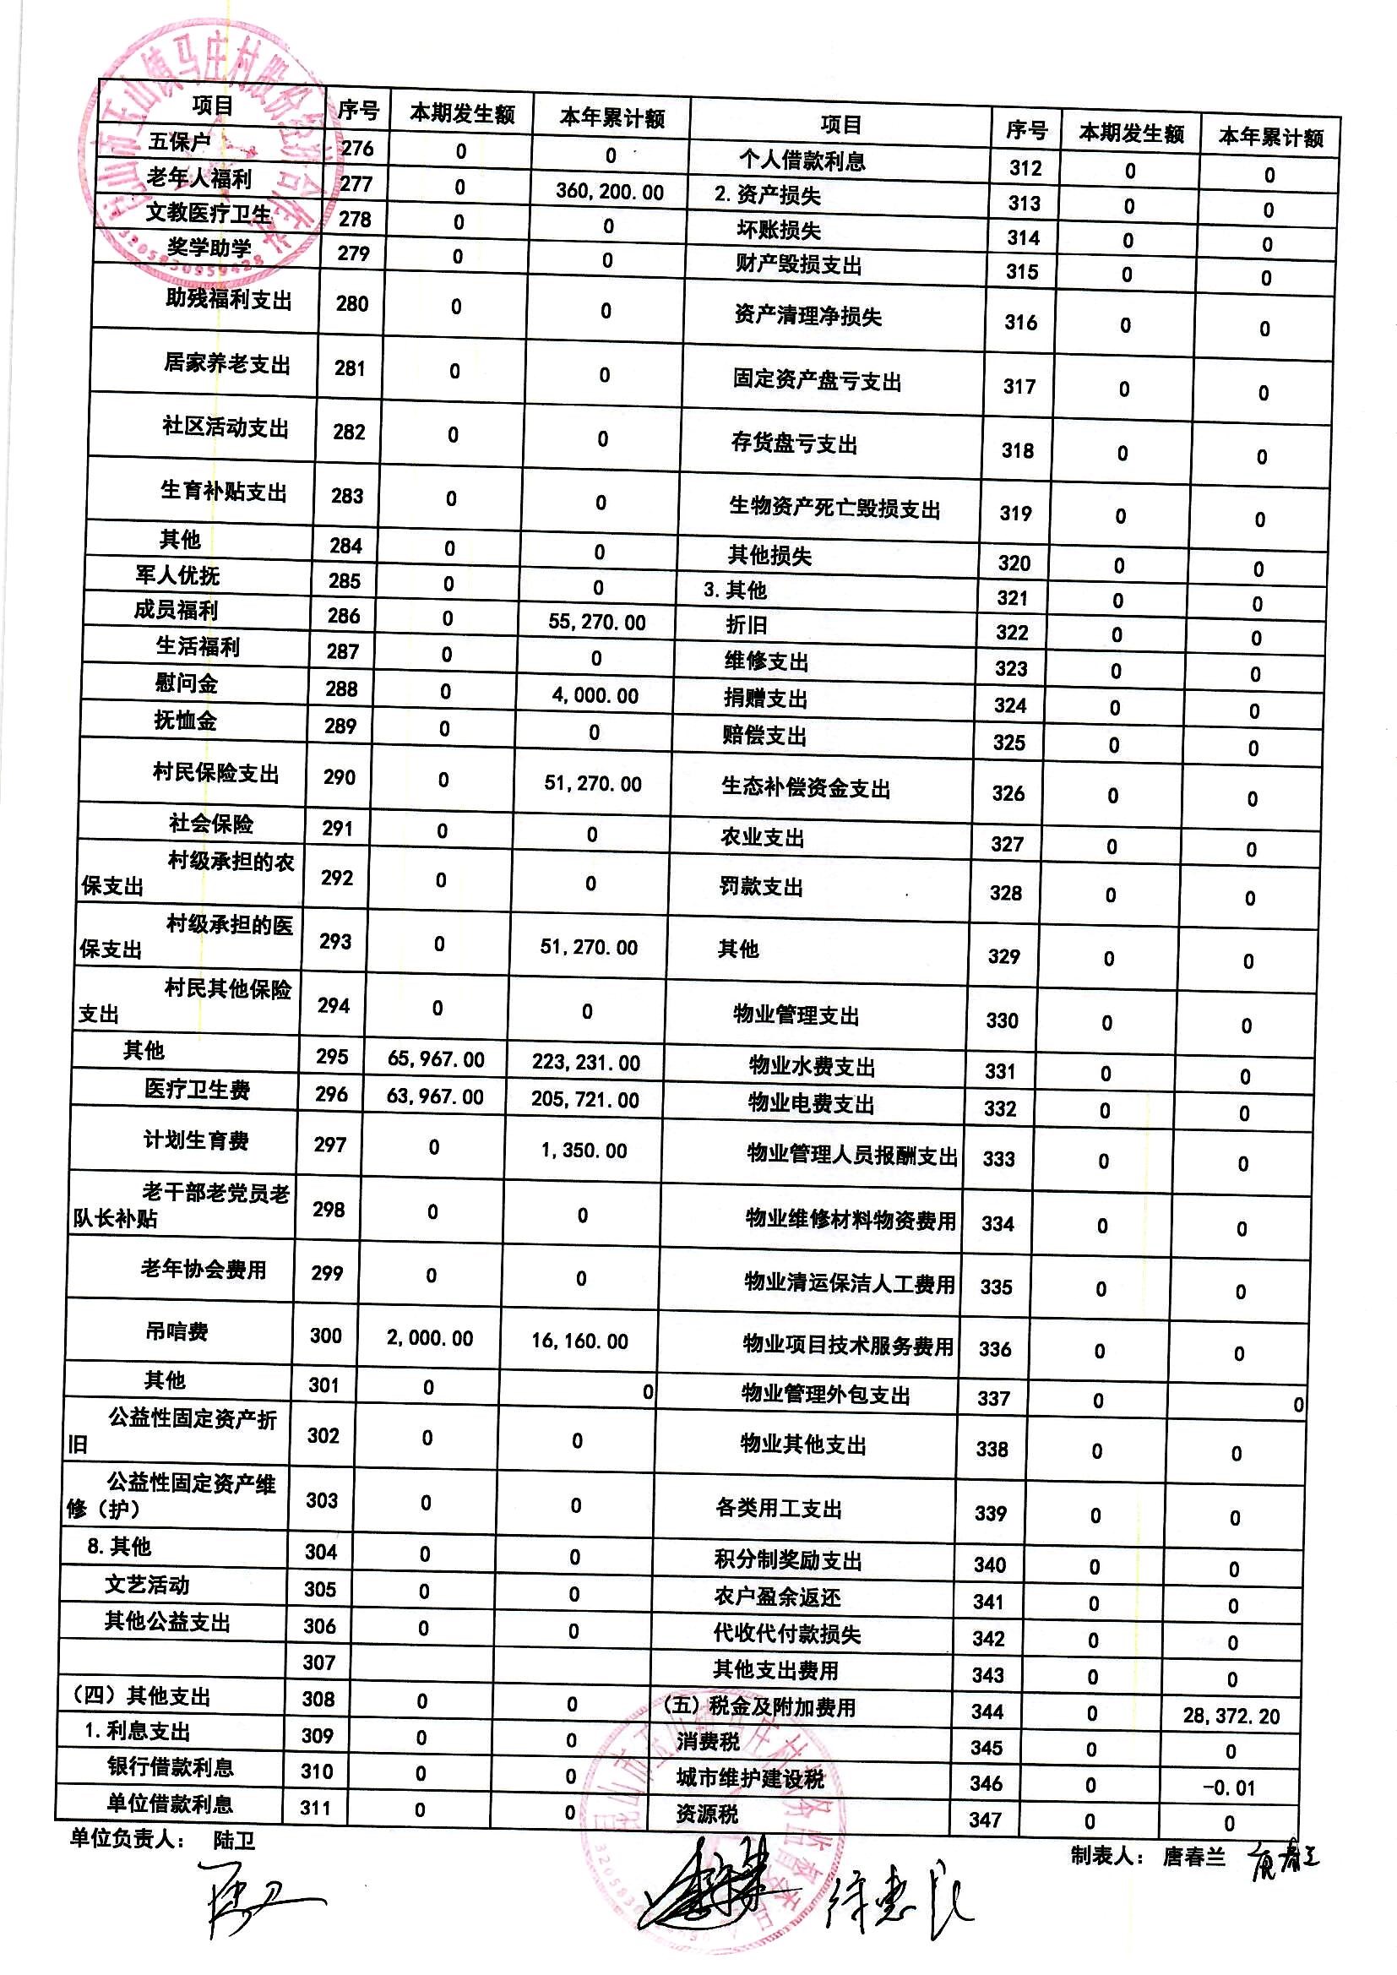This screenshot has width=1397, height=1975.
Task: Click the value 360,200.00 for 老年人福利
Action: click(610, 191)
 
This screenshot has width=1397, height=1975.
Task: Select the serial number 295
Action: click(332, 1057)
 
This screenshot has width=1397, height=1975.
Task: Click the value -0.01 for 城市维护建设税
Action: click(1229, 1788)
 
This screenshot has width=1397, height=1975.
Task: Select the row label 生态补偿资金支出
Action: click(805, 787)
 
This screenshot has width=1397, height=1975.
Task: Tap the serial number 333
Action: click(998, 1159)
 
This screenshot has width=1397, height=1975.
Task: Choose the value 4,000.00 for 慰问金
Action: click(595, 696)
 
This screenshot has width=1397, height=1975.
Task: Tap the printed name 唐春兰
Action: click(1194, 1856)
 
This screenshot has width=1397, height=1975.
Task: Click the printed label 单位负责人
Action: click(126, 1840)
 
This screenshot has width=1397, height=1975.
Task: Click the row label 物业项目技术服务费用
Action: click(847, 1347)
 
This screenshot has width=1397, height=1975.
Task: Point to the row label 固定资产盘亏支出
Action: click(817, 380)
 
